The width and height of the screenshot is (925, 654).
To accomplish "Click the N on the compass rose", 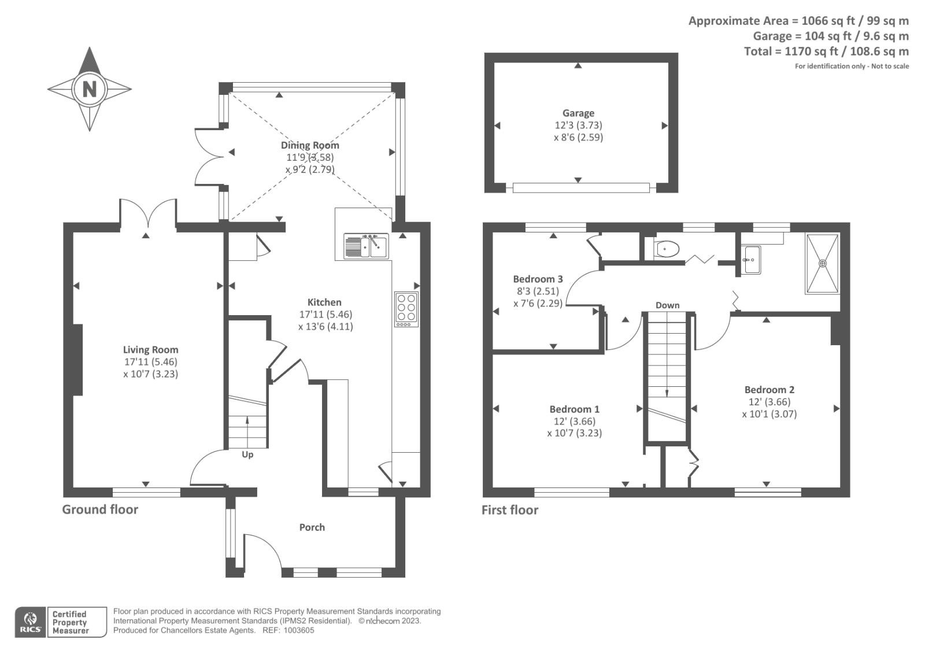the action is pos(90,89).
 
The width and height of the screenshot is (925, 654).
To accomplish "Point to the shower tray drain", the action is pos(823,263).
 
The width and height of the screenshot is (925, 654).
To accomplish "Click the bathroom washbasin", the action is pos(751,260).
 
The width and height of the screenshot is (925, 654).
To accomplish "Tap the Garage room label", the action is pos(578,113).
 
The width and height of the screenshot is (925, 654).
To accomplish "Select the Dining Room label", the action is pos(310,145).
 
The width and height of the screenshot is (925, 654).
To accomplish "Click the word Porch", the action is pos(312,527).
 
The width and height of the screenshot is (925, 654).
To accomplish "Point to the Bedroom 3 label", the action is pos(538,279).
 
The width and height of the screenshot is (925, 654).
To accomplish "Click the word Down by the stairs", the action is pos(667,305).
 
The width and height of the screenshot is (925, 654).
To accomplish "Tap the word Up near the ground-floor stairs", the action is pos(247,455).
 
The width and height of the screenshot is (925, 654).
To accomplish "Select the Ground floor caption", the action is pos(100,509).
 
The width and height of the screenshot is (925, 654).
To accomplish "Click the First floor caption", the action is pos(510,510).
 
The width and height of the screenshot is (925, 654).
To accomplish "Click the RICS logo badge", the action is pos(31,622).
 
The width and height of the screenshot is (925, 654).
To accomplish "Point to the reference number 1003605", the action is pos(298,630).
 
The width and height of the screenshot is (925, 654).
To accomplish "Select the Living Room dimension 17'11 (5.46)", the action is pos(151,361).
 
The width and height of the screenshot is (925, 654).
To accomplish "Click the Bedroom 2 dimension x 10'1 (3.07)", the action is pos(769,413).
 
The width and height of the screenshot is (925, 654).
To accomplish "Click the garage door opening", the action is pos(581,187).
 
